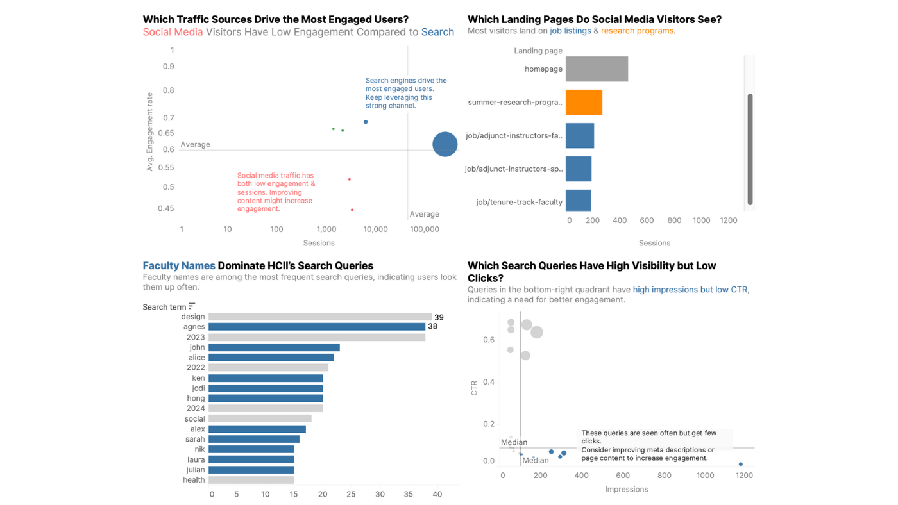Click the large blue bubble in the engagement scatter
click(x=445, y=144)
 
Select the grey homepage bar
click(x=597, y=69)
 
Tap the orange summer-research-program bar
click(x=584, y=103)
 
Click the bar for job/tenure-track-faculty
click(x=578, y=201)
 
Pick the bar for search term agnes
click(x=317, y=327)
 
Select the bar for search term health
click(x=251, y=480)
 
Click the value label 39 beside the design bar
click(x=439, y=317)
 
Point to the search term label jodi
click(x=198, y=388)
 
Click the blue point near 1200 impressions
click(x=741, y=464)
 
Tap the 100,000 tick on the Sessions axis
click(x=424, y=229)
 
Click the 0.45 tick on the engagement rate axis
click(x=166, y=208)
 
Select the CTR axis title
click(x=474, y=388)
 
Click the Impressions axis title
click(x=626, y=490)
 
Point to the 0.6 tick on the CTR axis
click(x=488, y=340)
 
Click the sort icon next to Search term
click(x=192, y=306)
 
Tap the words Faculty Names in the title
click(x=178, y=265)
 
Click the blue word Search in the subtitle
click(x=437, y=32)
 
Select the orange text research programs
click(x=637, y=31)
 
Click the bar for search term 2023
click(x=317, y=337)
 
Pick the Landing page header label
click(x=538, y=51)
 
